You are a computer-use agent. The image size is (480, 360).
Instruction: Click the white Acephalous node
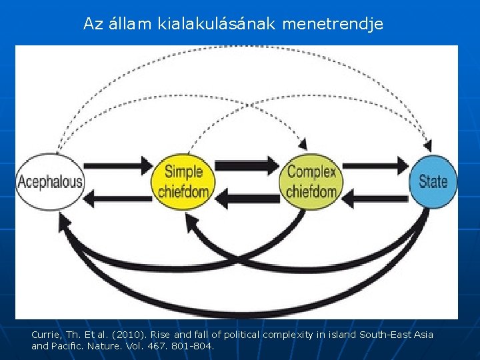[50, 181]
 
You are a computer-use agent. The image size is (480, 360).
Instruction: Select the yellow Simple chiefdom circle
[183, 181]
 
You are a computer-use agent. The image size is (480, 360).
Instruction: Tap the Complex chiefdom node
[311, 181]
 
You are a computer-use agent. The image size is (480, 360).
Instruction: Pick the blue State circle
[433, 181]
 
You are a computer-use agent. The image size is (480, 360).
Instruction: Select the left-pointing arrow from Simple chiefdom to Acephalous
[119, 198]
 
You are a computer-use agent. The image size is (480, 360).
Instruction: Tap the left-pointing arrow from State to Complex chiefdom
[375, 197]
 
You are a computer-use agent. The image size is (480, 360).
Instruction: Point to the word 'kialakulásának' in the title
[219, 25]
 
